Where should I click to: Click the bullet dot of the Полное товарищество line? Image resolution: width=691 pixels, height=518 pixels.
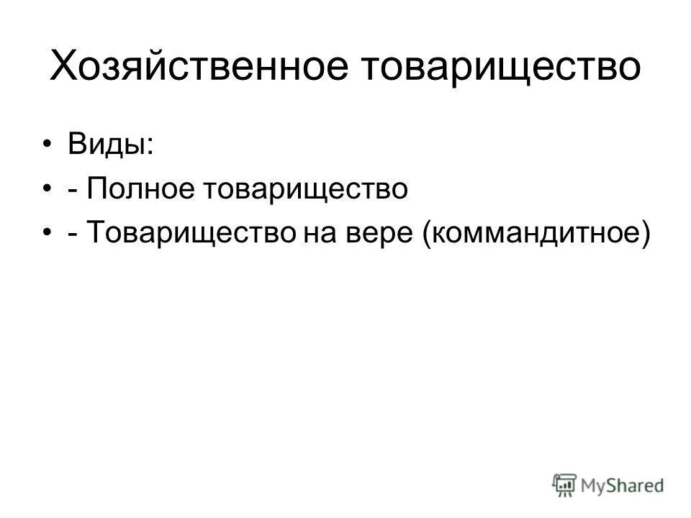coord(48,189)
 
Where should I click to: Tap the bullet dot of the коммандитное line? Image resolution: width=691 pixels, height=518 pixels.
coord(48,233)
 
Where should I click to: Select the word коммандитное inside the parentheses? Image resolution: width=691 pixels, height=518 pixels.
coord(532,233)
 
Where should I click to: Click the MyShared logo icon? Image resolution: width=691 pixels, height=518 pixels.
coord(565,486)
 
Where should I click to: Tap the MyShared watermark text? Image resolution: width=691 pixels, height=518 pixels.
coord(623,486)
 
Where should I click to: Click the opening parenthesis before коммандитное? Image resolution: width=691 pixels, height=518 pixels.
coord(429,233)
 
